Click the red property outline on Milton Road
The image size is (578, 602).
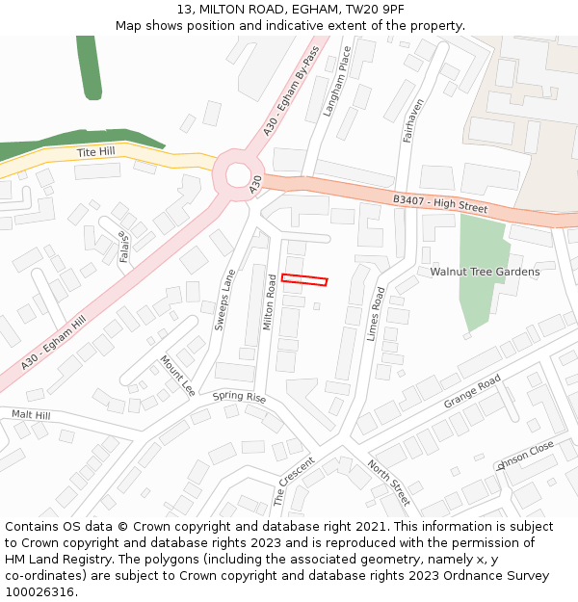304,280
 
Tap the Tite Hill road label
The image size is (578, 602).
95,153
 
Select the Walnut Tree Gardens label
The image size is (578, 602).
485,272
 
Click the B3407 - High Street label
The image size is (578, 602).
440,204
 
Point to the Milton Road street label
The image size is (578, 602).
271,302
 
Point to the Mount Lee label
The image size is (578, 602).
177,375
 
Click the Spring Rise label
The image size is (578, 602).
239,397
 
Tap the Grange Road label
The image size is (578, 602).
472,391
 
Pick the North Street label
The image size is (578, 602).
388,483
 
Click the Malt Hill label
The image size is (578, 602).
31,414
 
